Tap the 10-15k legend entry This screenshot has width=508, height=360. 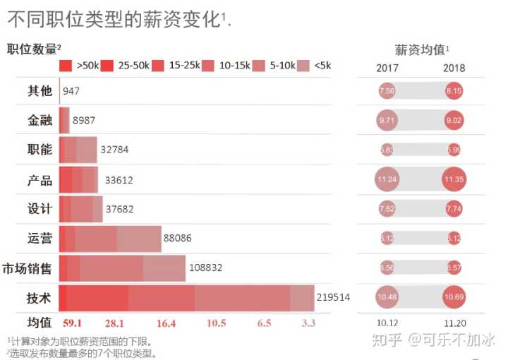pos(226,66)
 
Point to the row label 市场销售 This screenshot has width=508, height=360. pos(28,268)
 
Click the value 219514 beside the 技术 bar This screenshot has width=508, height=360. pos(334,298)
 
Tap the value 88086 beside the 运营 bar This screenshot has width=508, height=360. pos(177,239)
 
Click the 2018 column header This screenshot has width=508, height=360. pos(454,68)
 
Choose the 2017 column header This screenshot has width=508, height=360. pos(387,68)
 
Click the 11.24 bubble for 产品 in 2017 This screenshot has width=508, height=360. pos(387,179)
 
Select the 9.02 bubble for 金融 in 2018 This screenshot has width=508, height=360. pos(454,120)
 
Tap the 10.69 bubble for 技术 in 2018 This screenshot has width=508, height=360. pos(454,298)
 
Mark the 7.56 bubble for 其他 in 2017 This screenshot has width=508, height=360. pos(387,90)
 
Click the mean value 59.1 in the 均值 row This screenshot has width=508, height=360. pos(73,323)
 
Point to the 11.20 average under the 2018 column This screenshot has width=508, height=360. pos(454,323)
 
